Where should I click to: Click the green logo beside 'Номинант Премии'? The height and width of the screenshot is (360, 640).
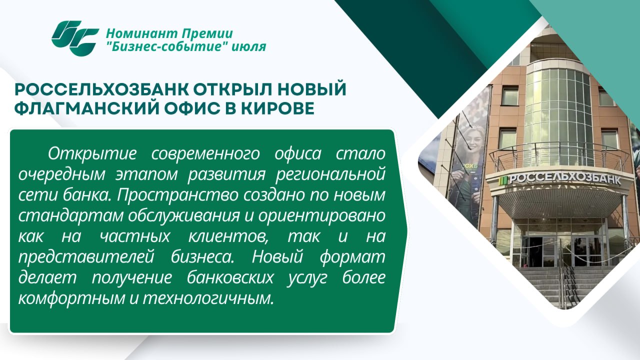pos(75,38)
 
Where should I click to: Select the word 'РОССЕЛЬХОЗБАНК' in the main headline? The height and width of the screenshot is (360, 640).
pos(101,89)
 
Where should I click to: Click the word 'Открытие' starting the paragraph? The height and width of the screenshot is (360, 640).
pos(92,153)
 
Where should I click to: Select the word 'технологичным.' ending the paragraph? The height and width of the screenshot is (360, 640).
pos(208,298)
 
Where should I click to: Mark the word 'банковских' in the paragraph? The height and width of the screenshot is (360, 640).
pos(229,278)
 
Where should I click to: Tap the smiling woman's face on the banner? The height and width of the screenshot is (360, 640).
pos(473,140)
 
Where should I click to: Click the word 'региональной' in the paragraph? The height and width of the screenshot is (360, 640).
pos(330,175)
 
